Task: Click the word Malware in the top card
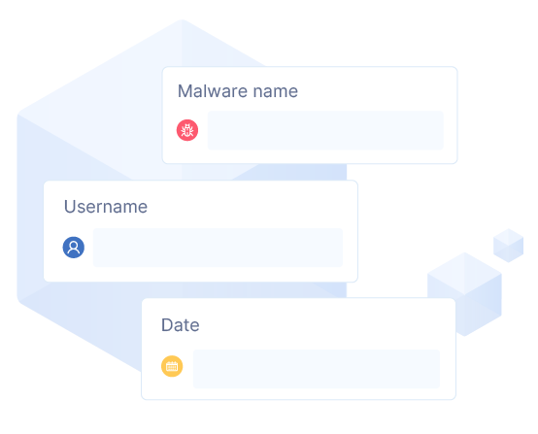(x=213, y=91)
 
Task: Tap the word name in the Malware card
(x=275, y=92)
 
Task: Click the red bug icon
(x=187, y=130)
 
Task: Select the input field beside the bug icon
(x=325, y=130)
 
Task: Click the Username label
(x=106, y=207)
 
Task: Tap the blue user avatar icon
(x=74, y=248)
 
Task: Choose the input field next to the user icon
(x=218, y=248)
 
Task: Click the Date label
(x=180, y=325)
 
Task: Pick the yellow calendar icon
(x=172, y=366)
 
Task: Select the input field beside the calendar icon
(x=316, y=369)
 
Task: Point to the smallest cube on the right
(x=509, y=246)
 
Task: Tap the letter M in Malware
(x=185, y=91)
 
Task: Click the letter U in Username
(x=70, y=207)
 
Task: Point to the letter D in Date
(x=167, y=325)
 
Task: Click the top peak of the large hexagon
(x=182, y=19)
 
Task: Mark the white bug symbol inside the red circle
(x=187, y=130)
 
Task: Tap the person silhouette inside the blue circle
(x=74, y=247)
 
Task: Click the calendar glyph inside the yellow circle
(x=172, y=366)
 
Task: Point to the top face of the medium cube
(x=464, y=274)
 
